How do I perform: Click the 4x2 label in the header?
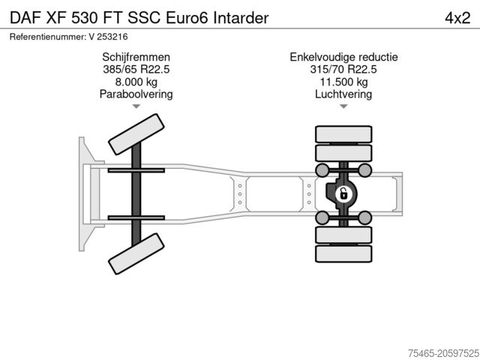457,18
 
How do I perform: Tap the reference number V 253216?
108,37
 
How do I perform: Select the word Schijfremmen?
136,57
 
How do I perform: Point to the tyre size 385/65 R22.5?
136,69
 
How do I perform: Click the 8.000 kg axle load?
136,82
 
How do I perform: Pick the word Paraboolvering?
136,94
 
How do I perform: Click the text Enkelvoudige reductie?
343,57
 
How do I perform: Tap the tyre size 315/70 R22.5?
343,69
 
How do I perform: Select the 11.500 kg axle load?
343,82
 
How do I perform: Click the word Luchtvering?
343,94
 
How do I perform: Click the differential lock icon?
343,194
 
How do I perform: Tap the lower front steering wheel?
136,253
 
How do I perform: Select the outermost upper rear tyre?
343,134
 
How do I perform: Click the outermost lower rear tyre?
343,253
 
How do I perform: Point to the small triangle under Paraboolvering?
136,106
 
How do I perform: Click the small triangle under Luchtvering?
343,106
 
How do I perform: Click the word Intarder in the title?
241,18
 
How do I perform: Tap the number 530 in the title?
85,18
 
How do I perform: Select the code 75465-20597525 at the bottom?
443,353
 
